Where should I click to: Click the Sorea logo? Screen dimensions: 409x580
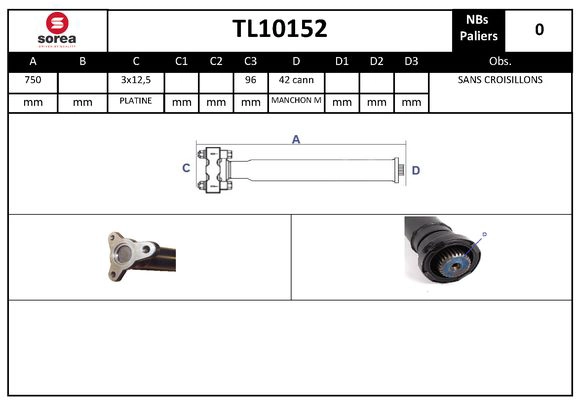click(x=55, y=30)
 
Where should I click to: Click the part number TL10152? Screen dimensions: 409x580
click(x=279, y=29)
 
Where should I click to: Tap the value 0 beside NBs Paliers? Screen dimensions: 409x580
click(x=539, y=29)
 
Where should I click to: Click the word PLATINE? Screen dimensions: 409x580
click(x=135, y=101)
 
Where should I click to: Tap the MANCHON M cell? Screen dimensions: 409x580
click(x=296, y=101)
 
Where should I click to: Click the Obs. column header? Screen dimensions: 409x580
click(x=499, y=61)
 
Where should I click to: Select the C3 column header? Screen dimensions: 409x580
click(x=250, y=61)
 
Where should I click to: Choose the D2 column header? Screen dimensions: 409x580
click(x=376, y=61)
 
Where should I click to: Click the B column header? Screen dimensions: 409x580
click(x=83, y=61)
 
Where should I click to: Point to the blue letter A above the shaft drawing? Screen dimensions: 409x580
click(x=296, y=140)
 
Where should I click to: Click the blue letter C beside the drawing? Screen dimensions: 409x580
click(x=186, y=169)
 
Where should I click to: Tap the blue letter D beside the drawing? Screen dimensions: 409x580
click(x=416, y=170)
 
